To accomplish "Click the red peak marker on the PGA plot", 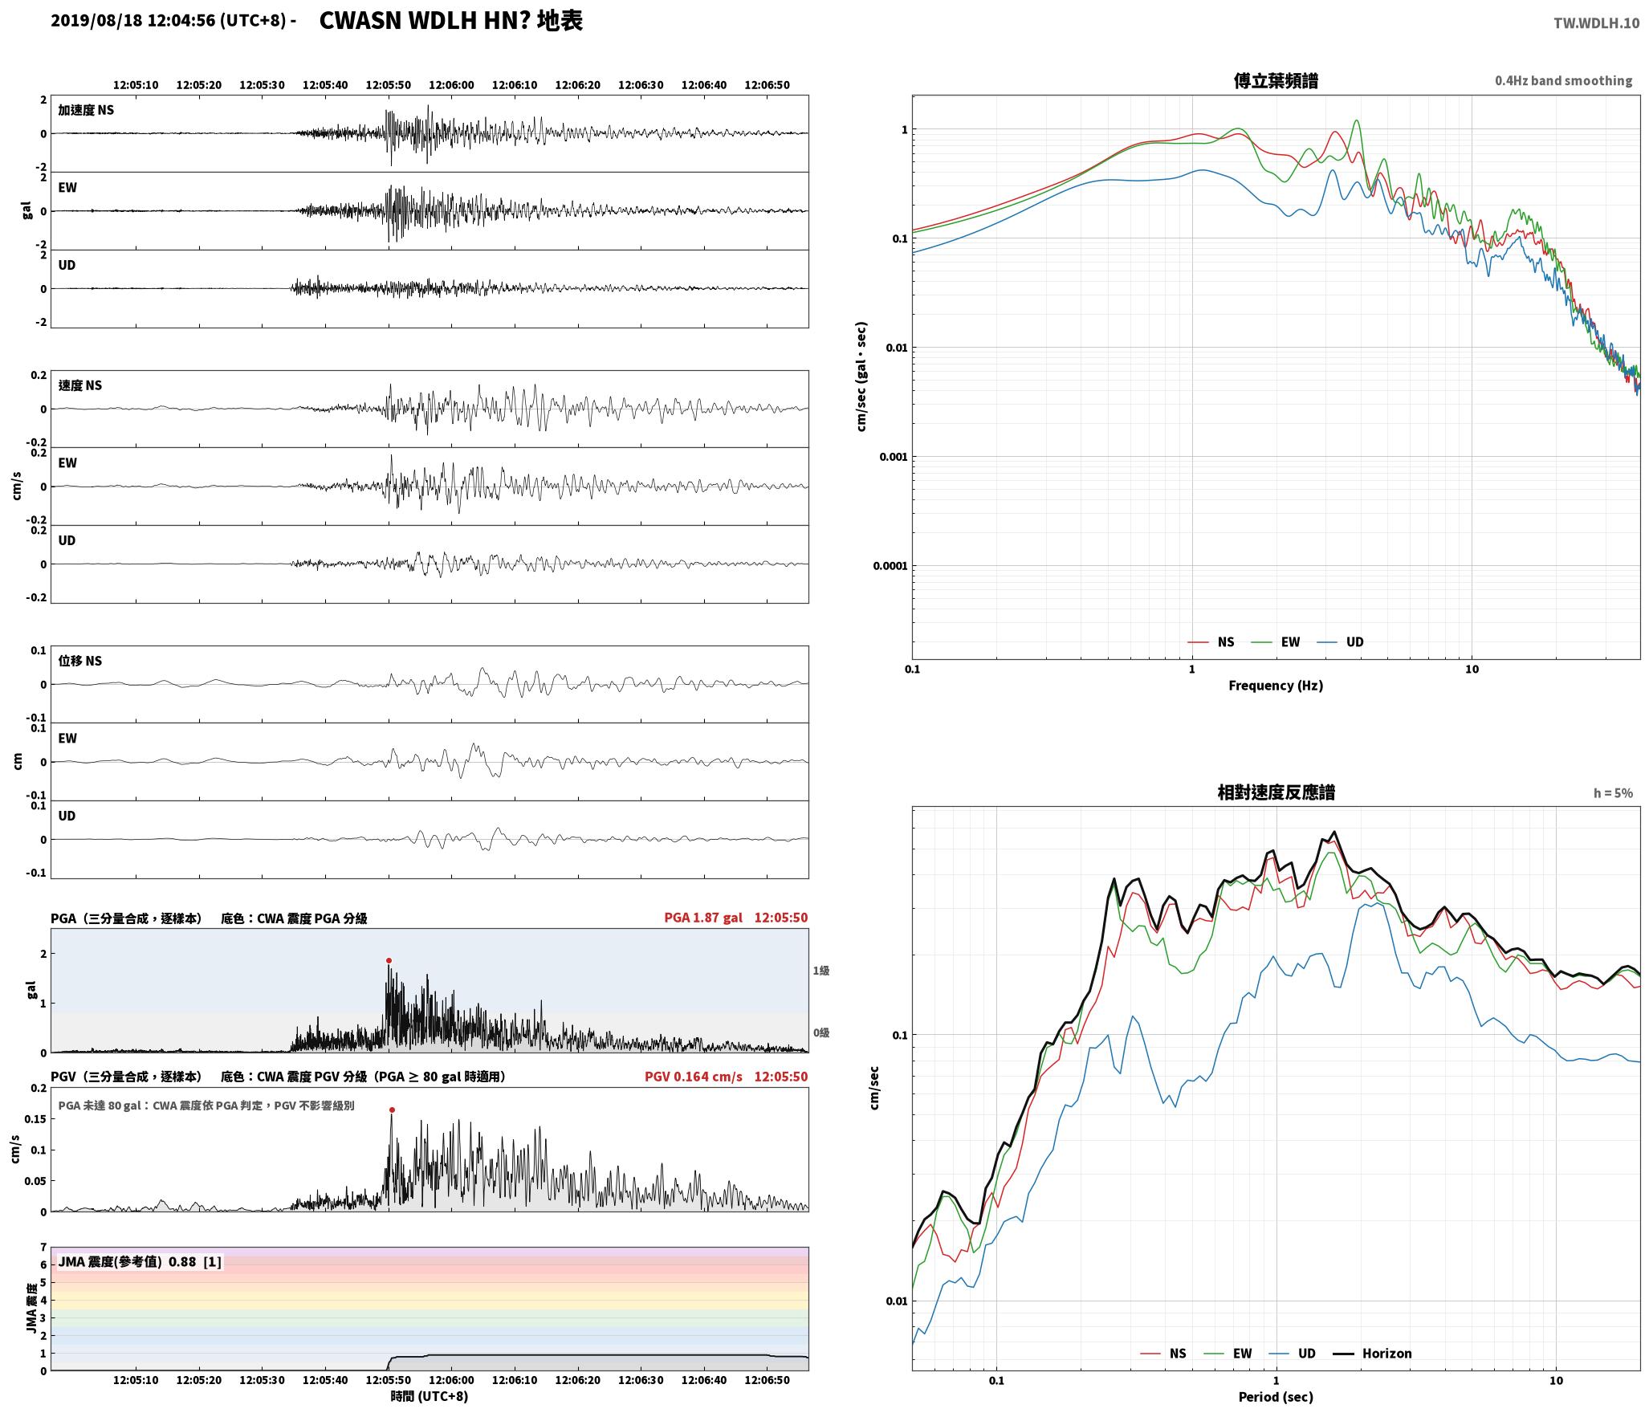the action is tap(389, 960).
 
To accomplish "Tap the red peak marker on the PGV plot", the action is tap(392, 1110).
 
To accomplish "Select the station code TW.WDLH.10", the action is tap(1596, 23).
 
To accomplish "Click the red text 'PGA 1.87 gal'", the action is tap(703, 918).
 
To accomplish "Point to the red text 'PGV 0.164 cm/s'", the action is tap(694, 1077).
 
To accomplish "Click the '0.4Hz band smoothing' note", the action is tap(1563, 81).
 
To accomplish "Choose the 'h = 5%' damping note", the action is tap(1613, 793).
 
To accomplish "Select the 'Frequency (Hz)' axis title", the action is tap(1276, 685).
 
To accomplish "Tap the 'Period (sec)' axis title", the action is tap(1276, 1396).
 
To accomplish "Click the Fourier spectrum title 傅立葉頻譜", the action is tap(1276, 80).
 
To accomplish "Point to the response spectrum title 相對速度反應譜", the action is tap(1276, 792).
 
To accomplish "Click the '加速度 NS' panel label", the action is tap(86, 110).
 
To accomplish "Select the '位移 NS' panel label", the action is tap(80, 661).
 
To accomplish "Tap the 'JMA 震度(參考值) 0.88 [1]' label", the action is tap(139, 1261).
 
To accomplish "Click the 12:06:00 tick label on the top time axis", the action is tap(451, 85).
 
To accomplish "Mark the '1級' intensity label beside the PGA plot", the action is tap(820, 971).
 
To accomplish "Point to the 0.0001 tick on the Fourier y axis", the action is tap(890, 566).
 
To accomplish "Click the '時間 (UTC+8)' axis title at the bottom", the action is tap(430, 1396).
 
